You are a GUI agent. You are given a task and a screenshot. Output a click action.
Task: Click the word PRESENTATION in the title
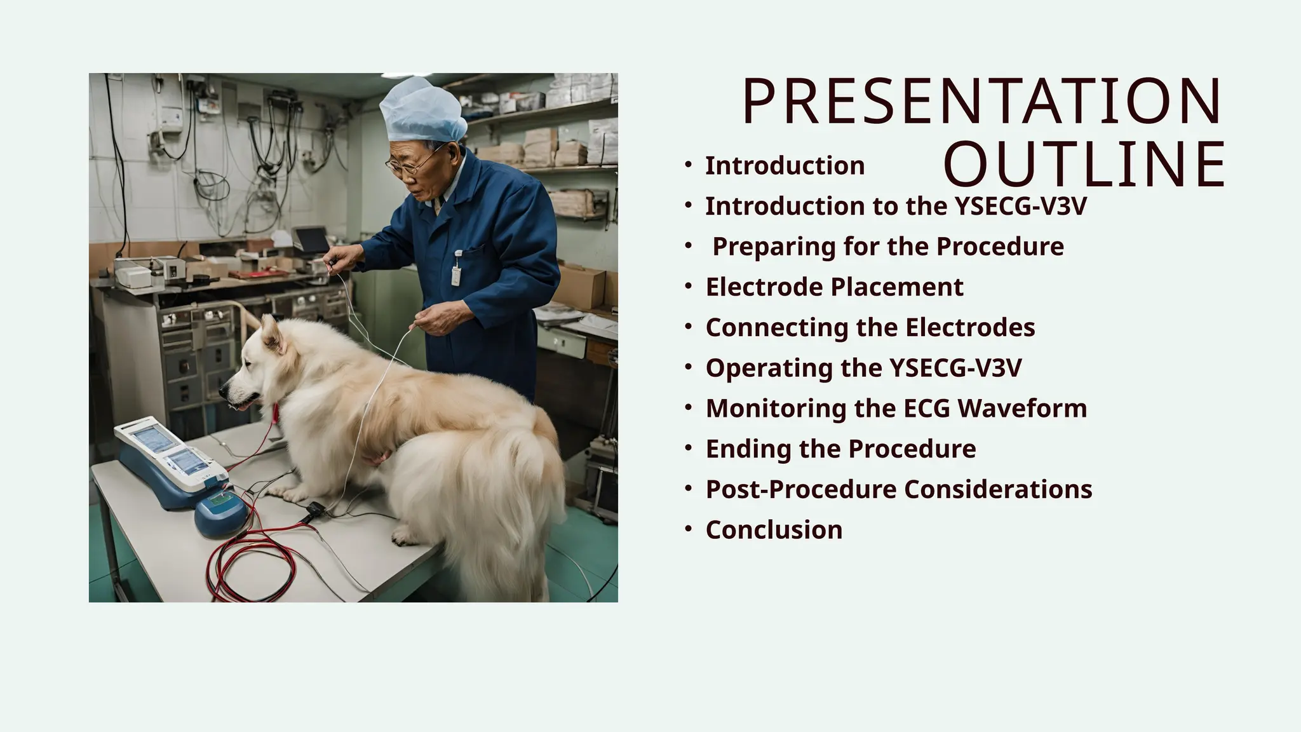pyautogui.click(x=981, y=102)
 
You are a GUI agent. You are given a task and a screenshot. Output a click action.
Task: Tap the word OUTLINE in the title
pyautogui.click(x=1084, y=165)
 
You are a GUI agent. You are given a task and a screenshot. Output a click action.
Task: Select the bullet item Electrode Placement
pyautogui.click(x=834, y=287)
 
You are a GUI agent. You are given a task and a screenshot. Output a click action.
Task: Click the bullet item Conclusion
pyautogui.click(x=774, y=530)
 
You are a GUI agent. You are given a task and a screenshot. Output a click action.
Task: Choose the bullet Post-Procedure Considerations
pyautogui.click(x=898, y=489)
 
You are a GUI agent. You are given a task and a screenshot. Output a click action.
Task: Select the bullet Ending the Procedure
pyautogui.click(x=840, y=449)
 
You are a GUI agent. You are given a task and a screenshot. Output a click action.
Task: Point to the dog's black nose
pyautogui.click(x=223, y=390)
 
